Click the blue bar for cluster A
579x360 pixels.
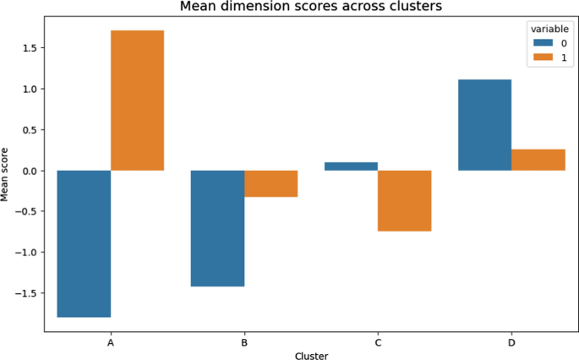[x=84, y=243]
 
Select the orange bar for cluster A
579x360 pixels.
[x=137, y=101]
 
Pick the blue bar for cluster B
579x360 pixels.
[x=217, y=228]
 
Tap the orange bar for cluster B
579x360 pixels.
[x=270, y=183]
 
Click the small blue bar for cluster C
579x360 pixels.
[x=351, y=166]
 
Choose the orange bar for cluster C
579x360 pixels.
[x=404, y=200]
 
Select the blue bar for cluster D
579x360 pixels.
[x=484, y=125]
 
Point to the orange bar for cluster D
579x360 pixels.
[x=538, y=160]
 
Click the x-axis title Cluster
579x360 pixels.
[x=311, y=356]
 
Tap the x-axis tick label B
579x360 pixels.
[x=244, y=343]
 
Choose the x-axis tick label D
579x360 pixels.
[x=511, y=343]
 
